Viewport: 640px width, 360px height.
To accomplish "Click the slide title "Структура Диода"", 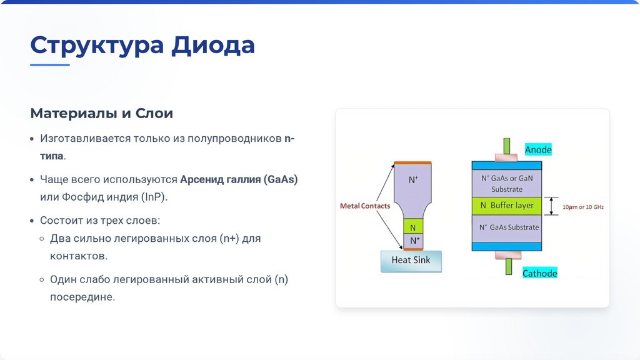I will point(142,46).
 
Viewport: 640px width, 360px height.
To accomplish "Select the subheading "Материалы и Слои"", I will point(101,114).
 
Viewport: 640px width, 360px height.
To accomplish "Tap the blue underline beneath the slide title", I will point(50,64).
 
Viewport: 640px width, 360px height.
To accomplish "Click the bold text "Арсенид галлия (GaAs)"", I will point(239,179).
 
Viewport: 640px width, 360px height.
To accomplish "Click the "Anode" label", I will point(538,150).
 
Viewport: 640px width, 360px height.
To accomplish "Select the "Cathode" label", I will point(539,273).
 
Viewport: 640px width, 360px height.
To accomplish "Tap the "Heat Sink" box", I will point(411,260).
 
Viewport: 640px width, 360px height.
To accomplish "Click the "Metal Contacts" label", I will point(364,206).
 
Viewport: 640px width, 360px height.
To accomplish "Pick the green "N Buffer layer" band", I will point(506,206).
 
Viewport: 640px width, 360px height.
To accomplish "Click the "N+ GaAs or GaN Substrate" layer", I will point(506,183).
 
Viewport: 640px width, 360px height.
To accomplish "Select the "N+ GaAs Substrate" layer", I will point(506,227).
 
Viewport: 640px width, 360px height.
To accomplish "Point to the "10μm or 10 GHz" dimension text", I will point(582,206).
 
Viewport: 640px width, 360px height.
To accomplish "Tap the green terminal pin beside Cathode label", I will point(507,267).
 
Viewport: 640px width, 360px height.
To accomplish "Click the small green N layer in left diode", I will point(413,226).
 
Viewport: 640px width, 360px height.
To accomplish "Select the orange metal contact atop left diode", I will point(413,163).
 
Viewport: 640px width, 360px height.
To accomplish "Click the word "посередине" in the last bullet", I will point(82,297).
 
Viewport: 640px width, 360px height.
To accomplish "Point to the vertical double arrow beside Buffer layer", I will point(551,206).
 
